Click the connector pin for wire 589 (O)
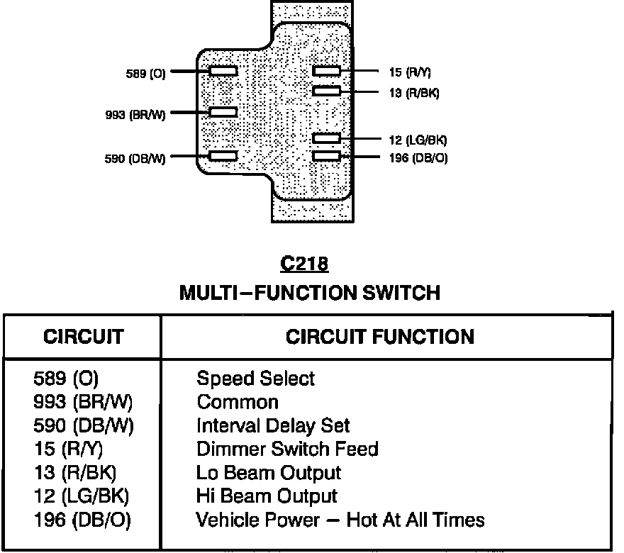pyautogui.click(x=223, y=71)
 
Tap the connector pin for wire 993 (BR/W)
pyautogui.click(x=223, y=112)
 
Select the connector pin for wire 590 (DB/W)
pyautogui.click(x=223, y=156)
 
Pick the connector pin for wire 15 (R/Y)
pyautogui.click(x=327, y=71)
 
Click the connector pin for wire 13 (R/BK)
pyautogui.click(x=327, y=91)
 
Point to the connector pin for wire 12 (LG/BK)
pyautogui.click(x=327, y=138)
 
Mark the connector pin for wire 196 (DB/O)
pyautogui.click(x=327, y=156)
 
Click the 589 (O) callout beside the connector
pyautogui.click(x=145, y=73)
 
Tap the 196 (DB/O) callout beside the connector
pyautogui.click(x=418, y=158)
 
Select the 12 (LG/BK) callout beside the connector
pyautogui.click(x=418, y=140)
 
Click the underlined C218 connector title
pyautogui.click(x=304, y=264)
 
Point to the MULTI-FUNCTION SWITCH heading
pyautogui.click(x=309, y=292)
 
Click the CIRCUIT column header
pyautogui.click(x=83, y=336)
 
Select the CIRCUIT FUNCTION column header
pyautogui.click(x=380, y=336)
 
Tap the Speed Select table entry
pyautogui.click(x=255, y=379)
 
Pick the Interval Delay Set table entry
pyautogui.click(x=273, y=426)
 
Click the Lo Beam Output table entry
pyautogui.click(x=269, y=473)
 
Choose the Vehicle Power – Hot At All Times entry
pyautogui.click(x=340, y=520)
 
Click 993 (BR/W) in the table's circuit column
pyautogui.click(x=83, y=403)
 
